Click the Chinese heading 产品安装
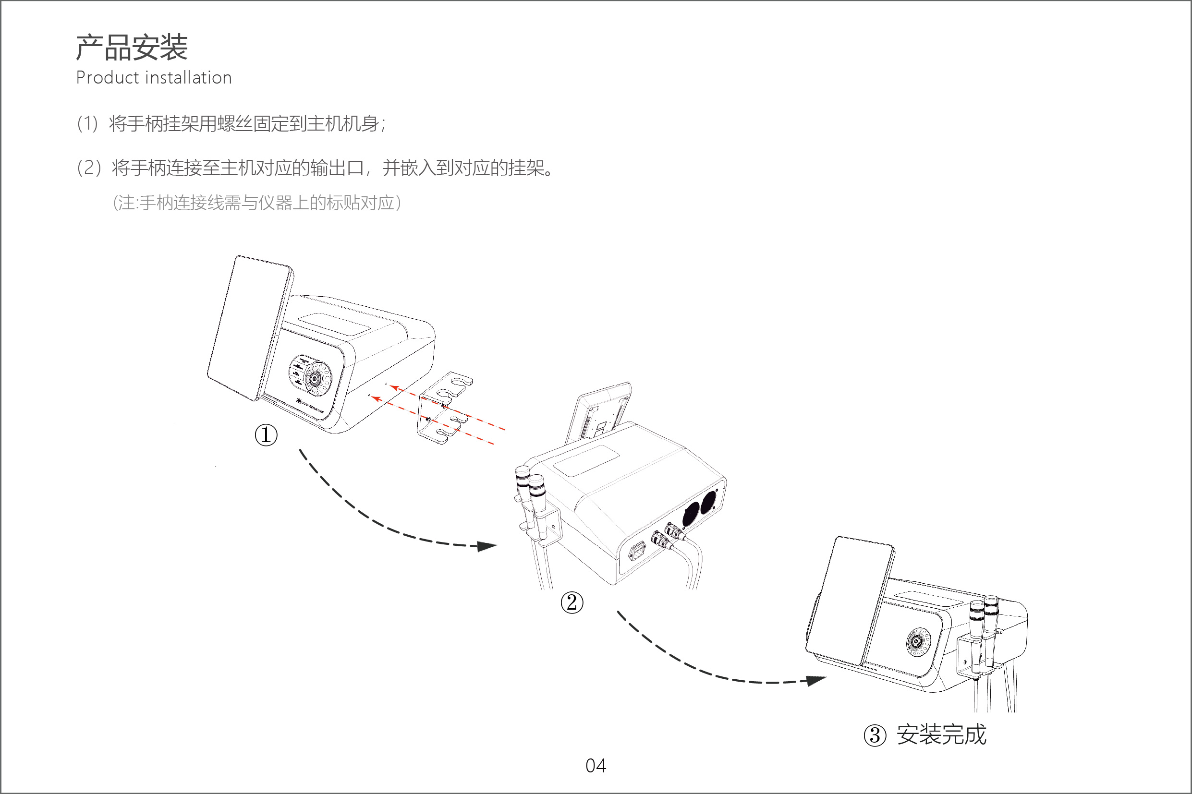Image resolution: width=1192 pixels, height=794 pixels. pos(132,48)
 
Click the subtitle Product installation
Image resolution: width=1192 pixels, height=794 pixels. pos(154,78)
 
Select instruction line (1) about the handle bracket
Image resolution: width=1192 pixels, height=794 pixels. pos(231,123)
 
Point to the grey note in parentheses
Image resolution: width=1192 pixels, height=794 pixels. pos(256,203)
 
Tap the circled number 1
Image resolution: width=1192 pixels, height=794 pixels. pos(266,435)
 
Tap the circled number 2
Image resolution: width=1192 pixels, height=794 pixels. pos(572,602)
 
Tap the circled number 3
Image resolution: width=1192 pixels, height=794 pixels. pos(875,735)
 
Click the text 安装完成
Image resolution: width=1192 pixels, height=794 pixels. pos(942,735)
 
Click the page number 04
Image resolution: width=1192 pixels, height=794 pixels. pos(596,766)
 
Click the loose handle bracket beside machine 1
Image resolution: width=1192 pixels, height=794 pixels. pos(443,408)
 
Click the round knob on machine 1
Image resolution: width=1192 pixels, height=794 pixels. pos(314,378)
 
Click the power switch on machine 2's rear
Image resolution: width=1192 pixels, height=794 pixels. pos(637,551)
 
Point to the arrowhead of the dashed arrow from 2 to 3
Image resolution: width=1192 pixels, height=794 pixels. pos(816,680)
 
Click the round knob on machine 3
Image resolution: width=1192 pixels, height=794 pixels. pos(915,641)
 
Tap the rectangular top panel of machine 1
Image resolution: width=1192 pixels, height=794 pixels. pos(334,323)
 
